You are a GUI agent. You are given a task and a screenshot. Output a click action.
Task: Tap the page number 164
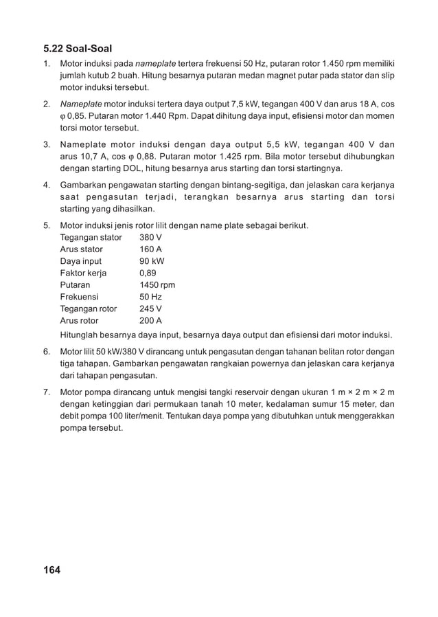(51, 570)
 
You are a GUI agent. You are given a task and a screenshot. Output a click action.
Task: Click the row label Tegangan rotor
(89, 308)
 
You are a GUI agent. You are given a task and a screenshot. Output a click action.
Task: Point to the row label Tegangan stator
(91, 238)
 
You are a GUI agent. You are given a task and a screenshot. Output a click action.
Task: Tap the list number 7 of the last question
(46, 392)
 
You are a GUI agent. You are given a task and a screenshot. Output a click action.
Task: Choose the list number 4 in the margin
(46, 185)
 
